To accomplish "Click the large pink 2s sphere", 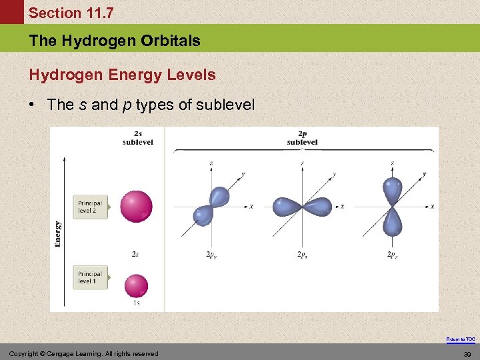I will click(136, 207).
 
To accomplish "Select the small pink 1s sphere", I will click(136, 285).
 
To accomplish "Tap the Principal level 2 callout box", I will click(90, 207).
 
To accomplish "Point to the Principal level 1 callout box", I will click(90, 277).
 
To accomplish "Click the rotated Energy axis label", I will click(58, 234).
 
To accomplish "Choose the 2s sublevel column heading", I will click(137, 138).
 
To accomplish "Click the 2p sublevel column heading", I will click(302, 138).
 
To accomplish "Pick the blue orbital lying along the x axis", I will click(303, 207).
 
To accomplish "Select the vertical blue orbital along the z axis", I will click(393, 207).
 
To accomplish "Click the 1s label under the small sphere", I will click(136, 303).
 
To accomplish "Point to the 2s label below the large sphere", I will click(135, 254).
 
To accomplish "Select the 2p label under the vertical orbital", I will click(394, 255).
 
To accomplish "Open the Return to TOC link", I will click(461, 339).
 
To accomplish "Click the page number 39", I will click(467, 353).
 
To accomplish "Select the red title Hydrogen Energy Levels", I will click(122, 75).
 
